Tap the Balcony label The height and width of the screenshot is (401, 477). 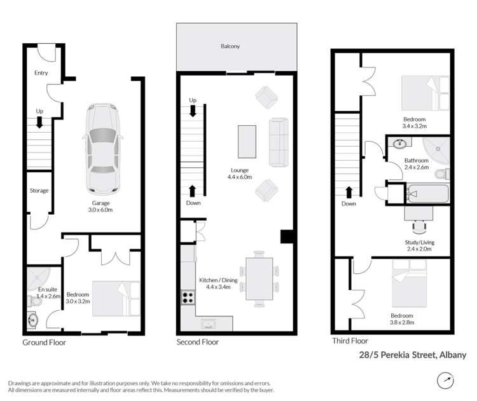(230, 46)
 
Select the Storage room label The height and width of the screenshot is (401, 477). (39, 191)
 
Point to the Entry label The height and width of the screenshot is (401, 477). (41, 73)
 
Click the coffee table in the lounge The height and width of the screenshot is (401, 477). (247, 141)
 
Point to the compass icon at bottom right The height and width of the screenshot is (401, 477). (446, 381)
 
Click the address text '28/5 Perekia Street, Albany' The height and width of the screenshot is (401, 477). (411, 355)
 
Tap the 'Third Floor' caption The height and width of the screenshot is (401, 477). (350, 341)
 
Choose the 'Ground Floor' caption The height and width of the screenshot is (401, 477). (44, 342)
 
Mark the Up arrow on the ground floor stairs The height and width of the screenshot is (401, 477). (39, 121)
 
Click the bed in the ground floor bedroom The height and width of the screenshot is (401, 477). (116, 299)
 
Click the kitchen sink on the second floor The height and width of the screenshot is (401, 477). (209, 324)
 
